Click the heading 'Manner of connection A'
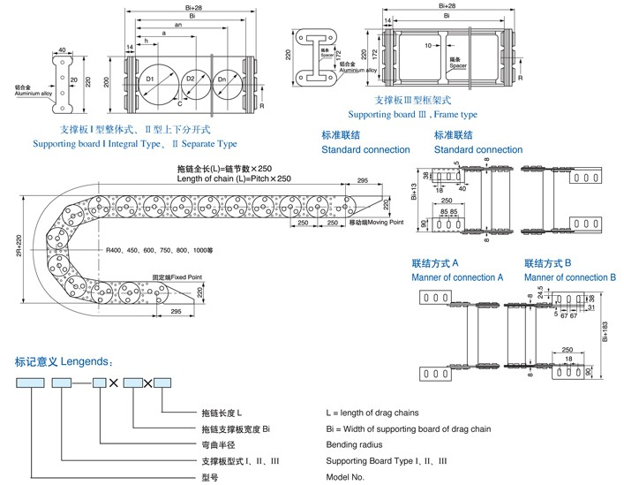457,277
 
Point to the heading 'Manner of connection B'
570,277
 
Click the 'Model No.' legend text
344,476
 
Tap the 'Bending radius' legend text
353,444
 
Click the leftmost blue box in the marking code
33,383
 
